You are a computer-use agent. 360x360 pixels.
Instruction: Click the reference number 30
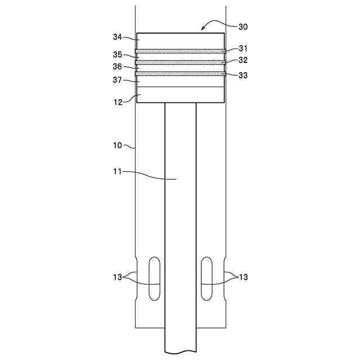point(243,27)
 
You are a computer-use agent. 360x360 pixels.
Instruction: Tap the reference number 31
point(243,48)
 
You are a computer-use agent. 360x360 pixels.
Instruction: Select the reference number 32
point(243,60)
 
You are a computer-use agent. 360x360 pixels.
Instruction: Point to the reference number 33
point(243,75)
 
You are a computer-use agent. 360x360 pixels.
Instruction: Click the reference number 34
point(118,37)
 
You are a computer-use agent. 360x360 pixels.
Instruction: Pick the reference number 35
point(118,55)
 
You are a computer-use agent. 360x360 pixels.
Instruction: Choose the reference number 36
point(118,66)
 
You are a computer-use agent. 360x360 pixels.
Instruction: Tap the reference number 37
point(118,80)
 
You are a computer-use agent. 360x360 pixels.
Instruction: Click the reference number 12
point(118,102)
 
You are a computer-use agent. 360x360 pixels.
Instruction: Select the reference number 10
point(118,145)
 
